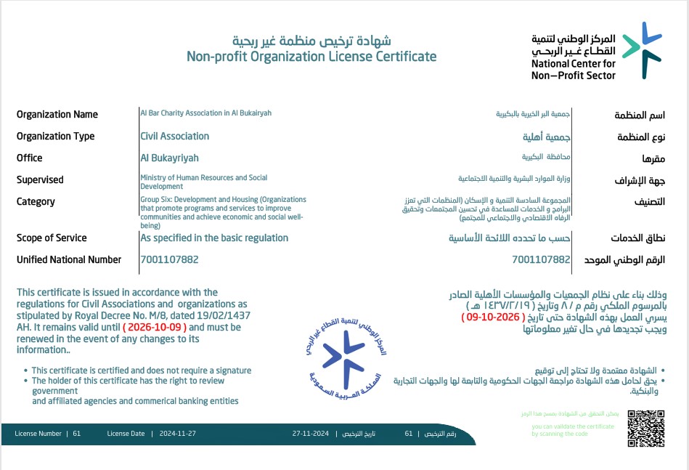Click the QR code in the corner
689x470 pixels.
click(645, 429)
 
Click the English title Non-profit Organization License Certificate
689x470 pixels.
click(311, 56)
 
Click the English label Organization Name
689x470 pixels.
click(57, 114)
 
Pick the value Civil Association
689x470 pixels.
click(174, 136)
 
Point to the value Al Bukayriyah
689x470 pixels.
click(169, 158)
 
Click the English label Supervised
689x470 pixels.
click(40, 179)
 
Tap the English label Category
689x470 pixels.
click(36, 201)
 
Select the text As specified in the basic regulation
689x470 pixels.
click(214, 238)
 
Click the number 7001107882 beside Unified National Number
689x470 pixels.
click(169, 259)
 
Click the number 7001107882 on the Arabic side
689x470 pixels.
click(541, 259)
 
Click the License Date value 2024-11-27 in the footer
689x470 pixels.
click(177, 434)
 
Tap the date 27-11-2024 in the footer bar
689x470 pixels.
click(311, 434)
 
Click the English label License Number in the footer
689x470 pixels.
click(38, 434)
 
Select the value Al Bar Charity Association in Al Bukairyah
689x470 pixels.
click(205, 113)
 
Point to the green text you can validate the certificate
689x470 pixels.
click(572, 427)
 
